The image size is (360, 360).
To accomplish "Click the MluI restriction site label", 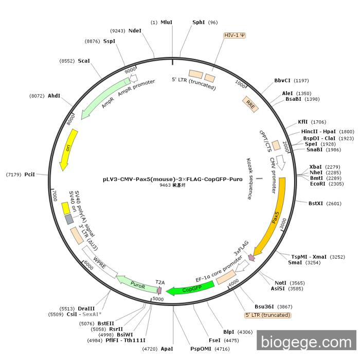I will (167, 22).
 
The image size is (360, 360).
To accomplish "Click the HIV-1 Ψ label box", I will (235, 35).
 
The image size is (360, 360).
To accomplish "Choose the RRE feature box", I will (250, 104).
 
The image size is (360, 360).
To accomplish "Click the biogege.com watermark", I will (306, 341).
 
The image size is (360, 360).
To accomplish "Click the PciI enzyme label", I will (30, 175).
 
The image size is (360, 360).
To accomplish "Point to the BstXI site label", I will (316, 203).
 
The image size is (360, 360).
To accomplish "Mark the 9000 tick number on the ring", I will (130, 69).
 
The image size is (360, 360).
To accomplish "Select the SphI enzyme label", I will (199, 22).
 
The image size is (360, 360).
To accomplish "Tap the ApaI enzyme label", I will (167, 349).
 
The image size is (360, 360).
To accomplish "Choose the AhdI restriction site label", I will (54, 96).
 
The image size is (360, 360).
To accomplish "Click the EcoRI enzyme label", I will (318, 184).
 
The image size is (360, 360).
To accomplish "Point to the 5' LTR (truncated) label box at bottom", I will (267, 315).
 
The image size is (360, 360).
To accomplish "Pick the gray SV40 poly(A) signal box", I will (69, 220).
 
